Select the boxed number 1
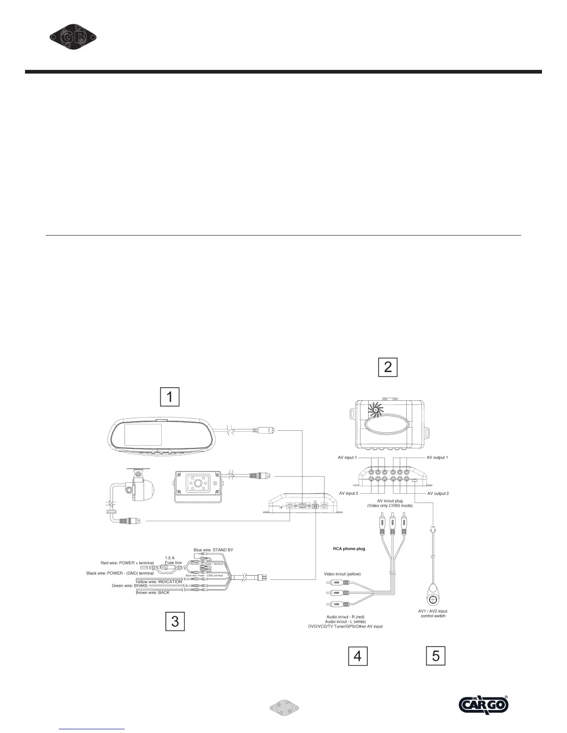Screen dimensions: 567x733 tap(170, 397)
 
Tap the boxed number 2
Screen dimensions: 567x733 tap(388, 367)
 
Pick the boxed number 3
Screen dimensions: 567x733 tap(175, 621)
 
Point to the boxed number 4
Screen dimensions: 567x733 tap(358, 656)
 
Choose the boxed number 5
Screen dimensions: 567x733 tap(435, 656)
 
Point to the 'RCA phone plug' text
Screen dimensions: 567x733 tap(349, 549)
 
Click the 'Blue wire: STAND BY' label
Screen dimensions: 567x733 tap(213, 550)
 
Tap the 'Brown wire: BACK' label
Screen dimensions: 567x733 tap(152, 592)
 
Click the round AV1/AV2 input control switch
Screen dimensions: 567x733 tap(433, 600)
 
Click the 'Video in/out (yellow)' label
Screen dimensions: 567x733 tap(342, 574)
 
